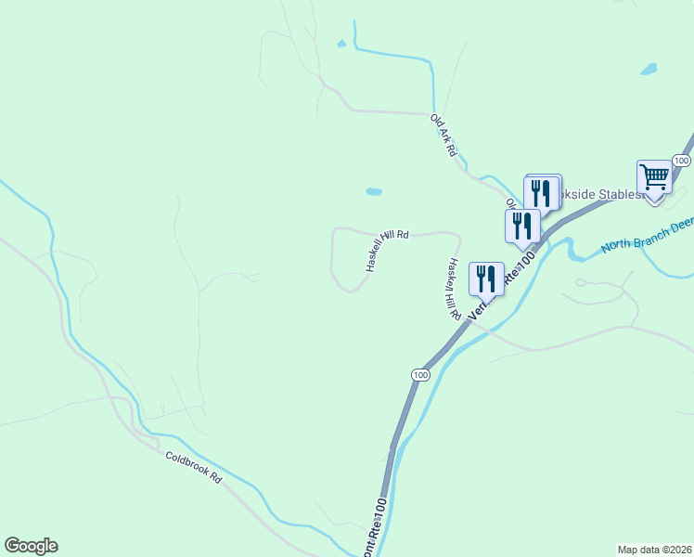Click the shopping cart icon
655,176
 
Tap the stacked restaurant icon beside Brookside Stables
543,192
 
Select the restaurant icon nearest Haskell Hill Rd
486,277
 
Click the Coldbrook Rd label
194,465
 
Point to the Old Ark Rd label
443,134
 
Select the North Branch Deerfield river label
646,237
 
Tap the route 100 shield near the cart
682,161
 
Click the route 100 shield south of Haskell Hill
421,374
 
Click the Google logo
31,546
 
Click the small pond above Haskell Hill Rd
373,192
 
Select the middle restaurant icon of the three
522,225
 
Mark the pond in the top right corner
648,70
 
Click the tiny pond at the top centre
341,43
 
